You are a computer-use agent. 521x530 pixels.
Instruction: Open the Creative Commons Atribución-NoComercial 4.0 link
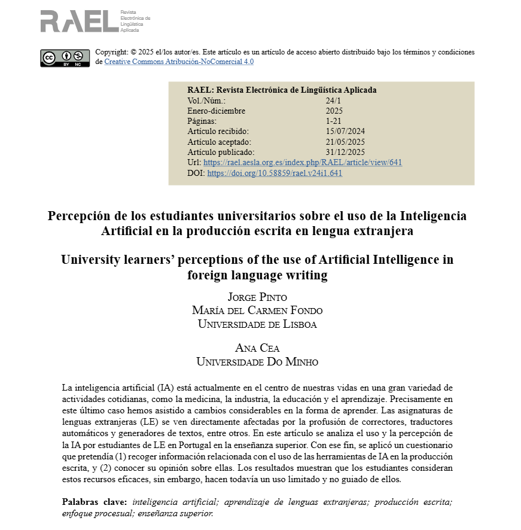click(179, 62)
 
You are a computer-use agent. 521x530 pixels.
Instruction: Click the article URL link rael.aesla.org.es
click(303, 163)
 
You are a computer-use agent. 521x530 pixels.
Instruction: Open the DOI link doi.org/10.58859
click(275, 173)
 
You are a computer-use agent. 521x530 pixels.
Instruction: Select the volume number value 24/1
click(333, 100)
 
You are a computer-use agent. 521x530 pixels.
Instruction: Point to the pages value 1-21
click(333, 121)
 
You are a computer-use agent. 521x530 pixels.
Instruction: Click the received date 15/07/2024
click(345, 132)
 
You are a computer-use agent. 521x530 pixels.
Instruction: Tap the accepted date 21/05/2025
click(345, 142)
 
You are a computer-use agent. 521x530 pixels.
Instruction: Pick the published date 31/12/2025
click(345, 152)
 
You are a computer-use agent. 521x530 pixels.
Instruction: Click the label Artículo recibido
click(218, 132)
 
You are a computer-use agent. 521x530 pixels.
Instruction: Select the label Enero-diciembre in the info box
click(216, 111)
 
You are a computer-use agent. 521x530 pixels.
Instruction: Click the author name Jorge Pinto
click(257, 297)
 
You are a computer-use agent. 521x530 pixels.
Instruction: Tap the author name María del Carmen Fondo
click(257, 310)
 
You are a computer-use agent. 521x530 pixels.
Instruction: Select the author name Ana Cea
click(257, 348)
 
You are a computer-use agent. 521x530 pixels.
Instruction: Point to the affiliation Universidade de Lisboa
click(257, 324)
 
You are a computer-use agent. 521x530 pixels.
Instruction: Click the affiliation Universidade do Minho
click(257, 362)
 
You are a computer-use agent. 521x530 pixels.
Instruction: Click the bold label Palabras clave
click(95, 502)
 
